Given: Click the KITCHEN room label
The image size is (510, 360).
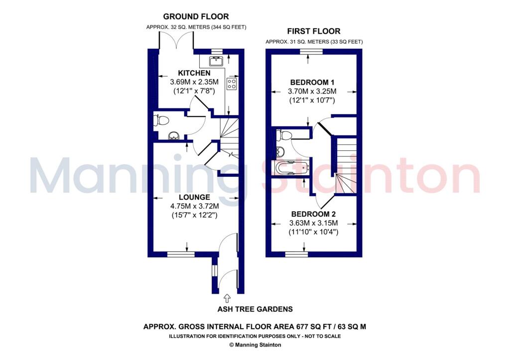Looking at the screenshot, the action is tap(194, 73).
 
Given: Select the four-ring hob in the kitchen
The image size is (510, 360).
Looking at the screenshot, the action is tap(232, 83).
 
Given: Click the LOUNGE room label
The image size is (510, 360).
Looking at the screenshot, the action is tap(194, 197).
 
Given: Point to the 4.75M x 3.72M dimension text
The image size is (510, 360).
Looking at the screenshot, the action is tap(195, 206).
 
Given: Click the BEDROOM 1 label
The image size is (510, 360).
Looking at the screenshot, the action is tap(312, 83).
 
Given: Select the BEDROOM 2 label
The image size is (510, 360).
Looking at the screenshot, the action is tap(314, 214).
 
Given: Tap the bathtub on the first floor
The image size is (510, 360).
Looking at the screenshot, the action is tap(291, 168).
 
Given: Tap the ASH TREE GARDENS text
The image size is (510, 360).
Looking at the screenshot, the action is tap(255, 309).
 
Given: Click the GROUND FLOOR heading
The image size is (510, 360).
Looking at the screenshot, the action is tap(196, 16).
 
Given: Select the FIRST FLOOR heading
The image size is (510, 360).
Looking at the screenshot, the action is tap(314, 31).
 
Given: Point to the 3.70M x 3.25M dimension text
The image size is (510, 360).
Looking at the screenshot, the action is tap(312, 92).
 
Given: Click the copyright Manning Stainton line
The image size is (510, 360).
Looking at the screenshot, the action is tap(255, 345).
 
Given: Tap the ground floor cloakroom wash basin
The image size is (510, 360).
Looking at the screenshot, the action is tap(173, 136).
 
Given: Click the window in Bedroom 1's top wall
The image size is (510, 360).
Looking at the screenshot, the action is tap(311, 51).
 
